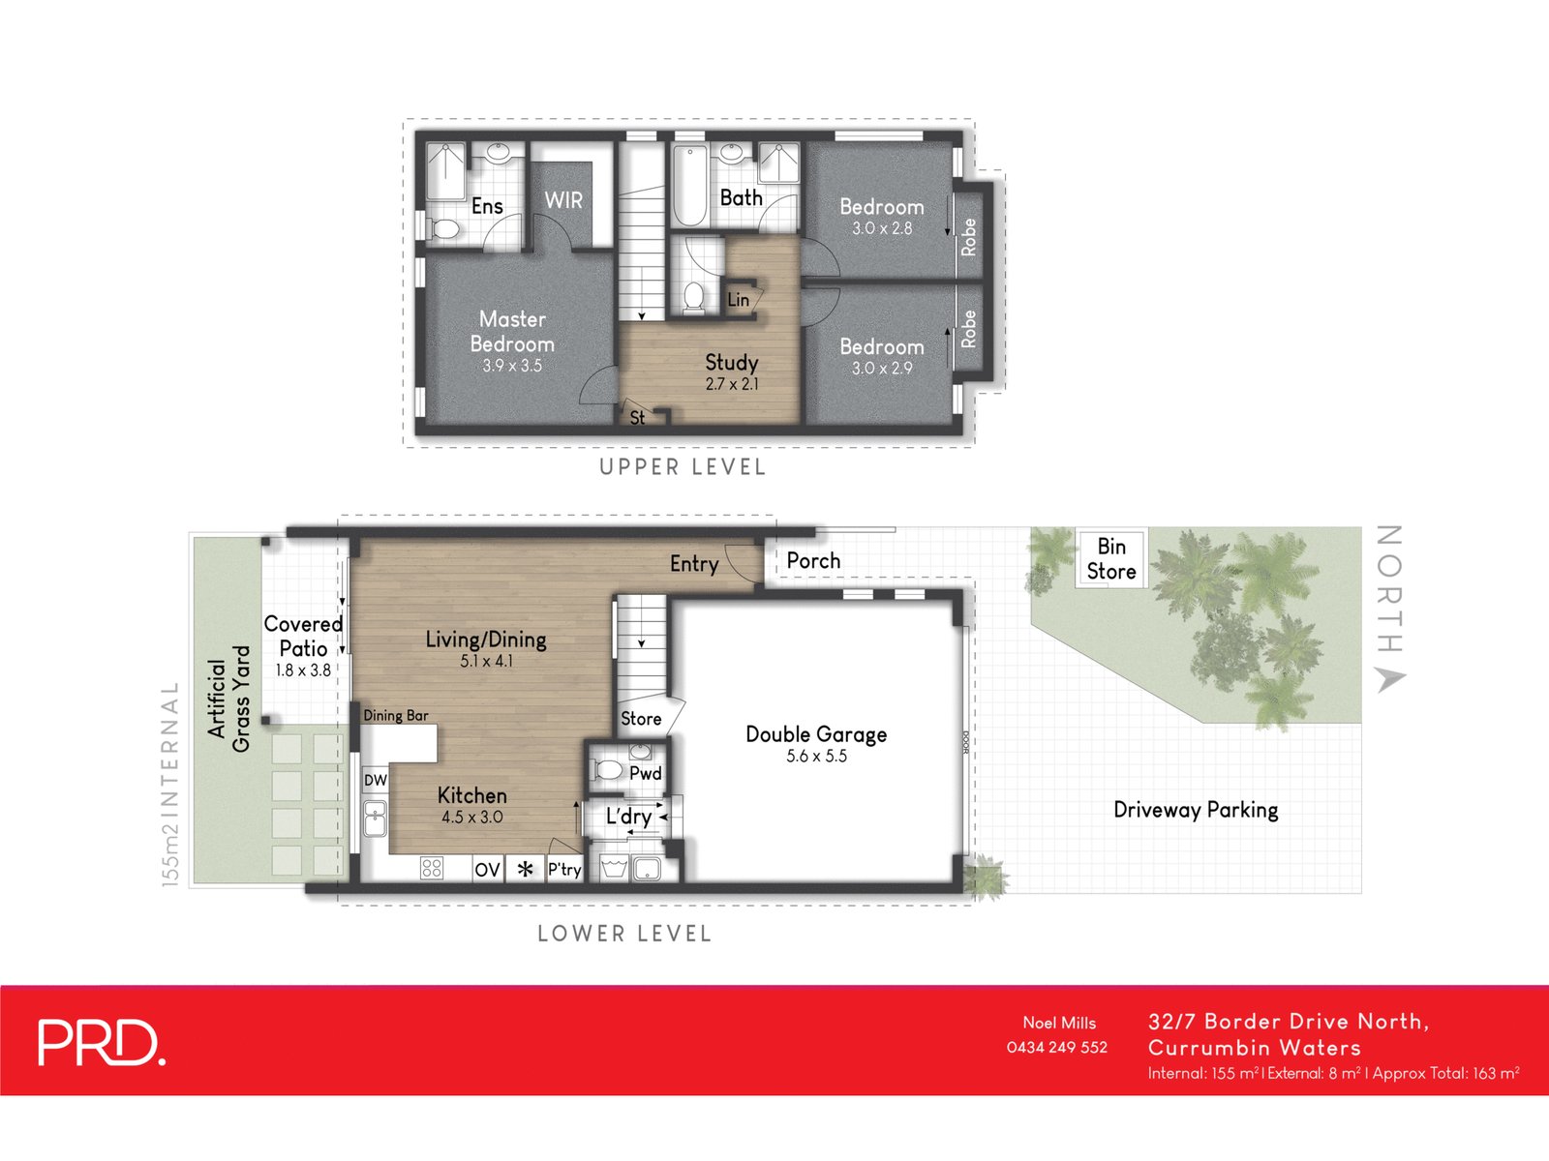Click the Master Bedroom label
[x=512, y=331]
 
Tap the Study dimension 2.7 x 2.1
[x=732, y=384]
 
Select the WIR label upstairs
[x=563, y=200]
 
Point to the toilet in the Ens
[x=445, y=227]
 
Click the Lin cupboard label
[x=738, y=300]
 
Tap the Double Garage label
[x=816, y=734]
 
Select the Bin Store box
[x=1110, y=559]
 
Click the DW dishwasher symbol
[x=376, y=780]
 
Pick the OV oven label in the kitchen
[x=487, y=870]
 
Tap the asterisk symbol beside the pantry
[x=525, y=870]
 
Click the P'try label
[x=564, y=870]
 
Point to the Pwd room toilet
[x=608, y=770]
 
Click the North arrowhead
[x=1390, y=679]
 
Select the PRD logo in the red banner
[x=101, y=1042]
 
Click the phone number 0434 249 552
[x=1056, y=1047]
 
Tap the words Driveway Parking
[x=1196, y=810]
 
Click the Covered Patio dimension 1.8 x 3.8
[x=303, y=670]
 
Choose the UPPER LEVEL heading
[x=683, y=467]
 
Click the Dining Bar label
[x=395, y=716]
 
